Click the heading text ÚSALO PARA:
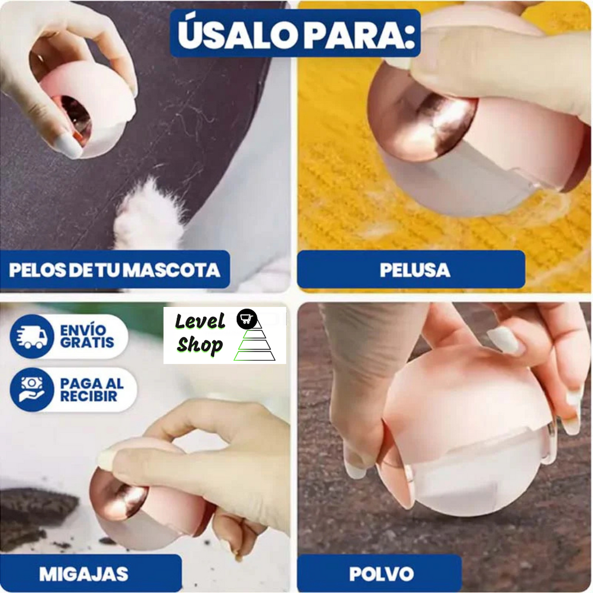coord(295,35)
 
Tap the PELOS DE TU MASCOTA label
coord(115,270)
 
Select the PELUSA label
coord(415,270)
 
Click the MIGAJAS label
coord(83,573)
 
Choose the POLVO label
coord(381,573)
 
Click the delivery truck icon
coord(32,337)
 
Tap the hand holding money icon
coord(32,390)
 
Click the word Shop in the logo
coord(200,346)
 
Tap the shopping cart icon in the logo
coord(247,319)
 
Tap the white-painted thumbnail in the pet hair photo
coord(68,145)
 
